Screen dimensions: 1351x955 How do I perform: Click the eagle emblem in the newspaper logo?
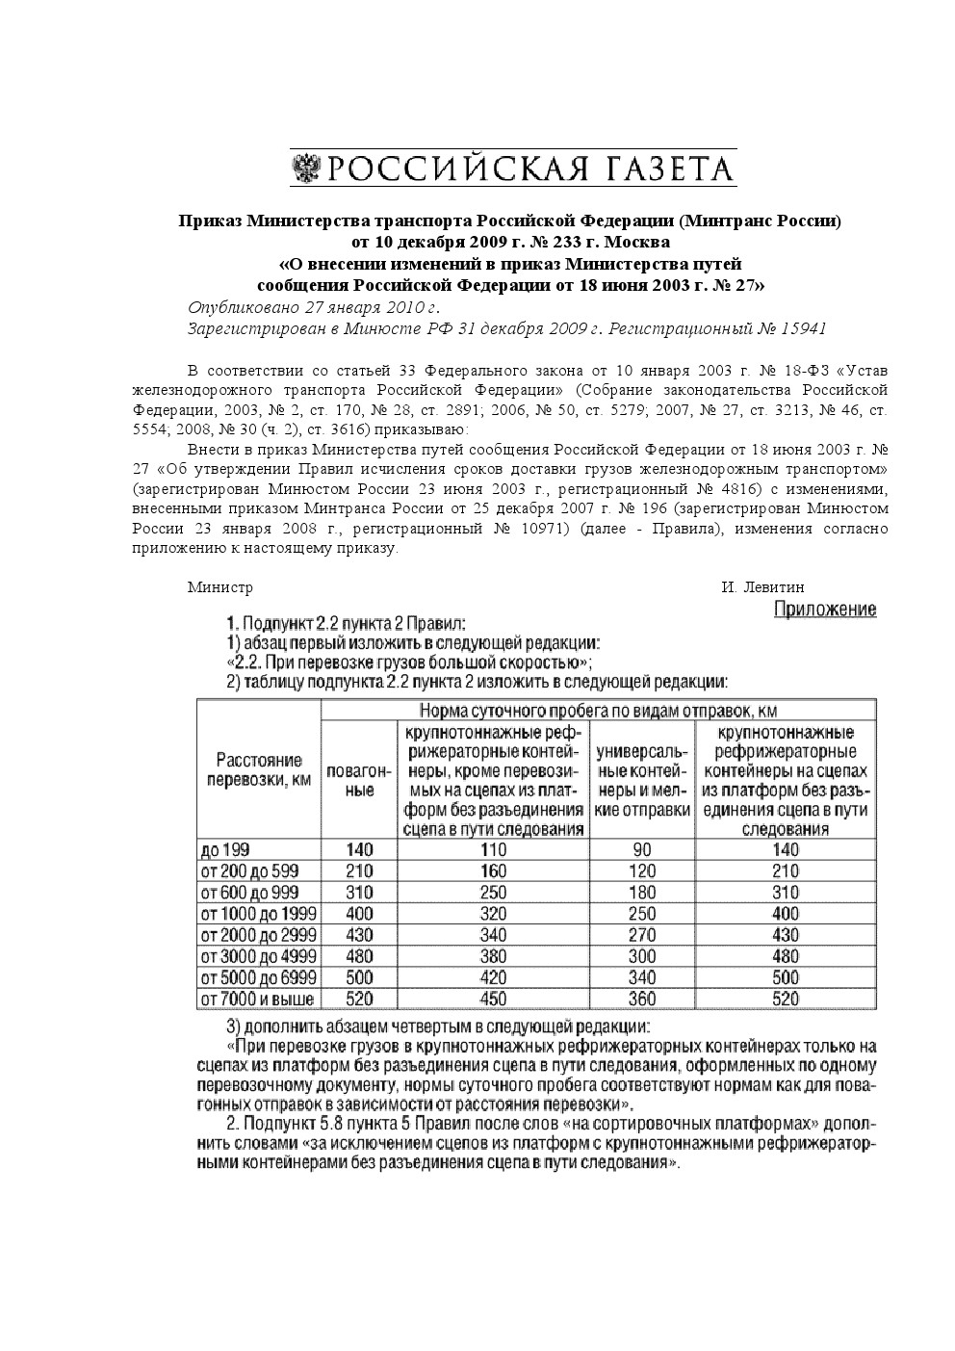coord(307,169)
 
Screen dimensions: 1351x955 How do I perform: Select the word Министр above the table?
coord(219,587)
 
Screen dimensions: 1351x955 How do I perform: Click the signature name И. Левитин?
coord(762,587)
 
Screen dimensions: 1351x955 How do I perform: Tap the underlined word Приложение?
coord(825,610)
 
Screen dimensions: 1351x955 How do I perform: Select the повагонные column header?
coord(358,781)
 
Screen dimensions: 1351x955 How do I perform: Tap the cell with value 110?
coord(493,849)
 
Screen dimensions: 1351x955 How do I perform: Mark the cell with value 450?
coord(493,999)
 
